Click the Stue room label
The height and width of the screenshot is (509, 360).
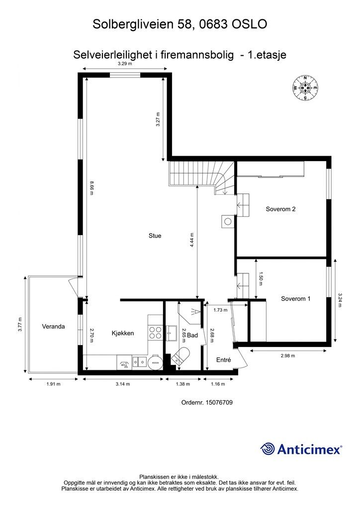155,236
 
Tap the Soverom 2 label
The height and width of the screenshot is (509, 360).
280,209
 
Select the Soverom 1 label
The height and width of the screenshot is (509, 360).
295,299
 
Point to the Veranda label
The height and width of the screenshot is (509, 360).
53,327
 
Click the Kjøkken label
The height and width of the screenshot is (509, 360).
123,333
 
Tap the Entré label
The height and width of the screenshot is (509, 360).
224,360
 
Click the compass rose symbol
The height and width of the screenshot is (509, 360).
305,87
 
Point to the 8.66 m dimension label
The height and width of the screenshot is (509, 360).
91,187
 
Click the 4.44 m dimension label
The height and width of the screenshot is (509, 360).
192,241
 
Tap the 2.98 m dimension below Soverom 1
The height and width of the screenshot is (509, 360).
287,356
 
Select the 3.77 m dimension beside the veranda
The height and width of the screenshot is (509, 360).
20,324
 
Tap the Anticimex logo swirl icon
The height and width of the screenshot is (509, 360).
268,449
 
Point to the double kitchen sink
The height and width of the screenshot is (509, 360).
140,362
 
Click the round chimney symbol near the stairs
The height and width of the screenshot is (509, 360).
228,222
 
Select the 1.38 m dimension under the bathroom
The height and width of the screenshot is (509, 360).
183,384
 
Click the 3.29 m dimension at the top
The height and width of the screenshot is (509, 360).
125,64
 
